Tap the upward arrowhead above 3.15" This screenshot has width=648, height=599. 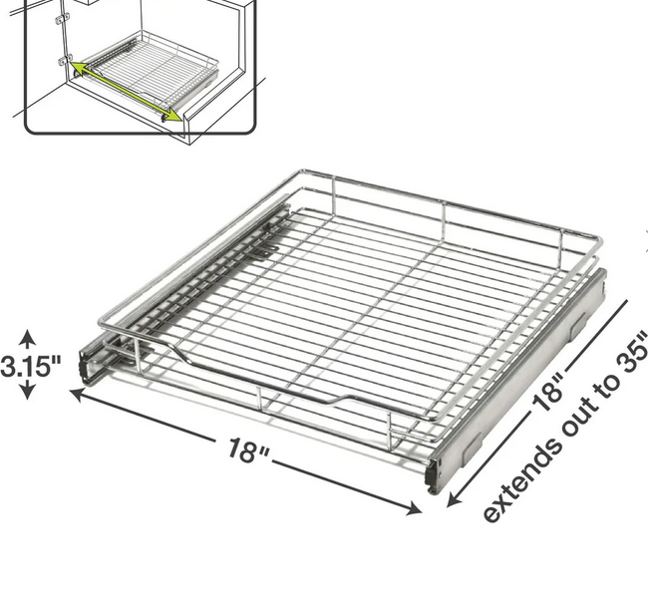tap(27, 337)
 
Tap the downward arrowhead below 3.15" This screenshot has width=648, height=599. tap(27, 391)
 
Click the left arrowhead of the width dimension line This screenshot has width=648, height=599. tap(77, 394)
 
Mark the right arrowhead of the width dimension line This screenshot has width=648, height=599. tap(414, 508)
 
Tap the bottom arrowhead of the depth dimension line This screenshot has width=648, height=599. tap(454, 500)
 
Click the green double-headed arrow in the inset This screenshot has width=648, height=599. tap(126, 91)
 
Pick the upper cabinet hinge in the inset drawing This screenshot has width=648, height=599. tap(63, 19)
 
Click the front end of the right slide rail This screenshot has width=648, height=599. tap(434, 475)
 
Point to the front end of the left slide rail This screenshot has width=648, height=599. tap(85, 367)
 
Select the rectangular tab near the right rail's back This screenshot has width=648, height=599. tap(578, 327)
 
